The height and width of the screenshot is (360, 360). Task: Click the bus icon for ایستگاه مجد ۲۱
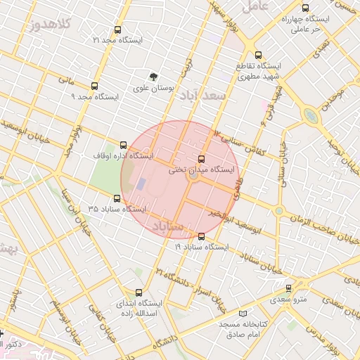[117, 30]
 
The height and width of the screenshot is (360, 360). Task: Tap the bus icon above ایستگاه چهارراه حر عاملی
[304, 8]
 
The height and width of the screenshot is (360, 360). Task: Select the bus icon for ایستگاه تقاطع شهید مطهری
[258, 55]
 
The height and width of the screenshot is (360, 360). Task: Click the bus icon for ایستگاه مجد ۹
[94, 86]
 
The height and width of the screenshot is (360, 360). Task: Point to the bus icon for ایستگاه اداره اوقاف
[124, 145]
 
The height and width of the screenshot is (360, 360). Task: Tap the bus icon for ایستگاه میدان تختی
[202, 159]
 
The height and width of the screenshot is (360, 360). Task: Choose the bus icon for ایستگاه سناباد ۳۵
[117, 198]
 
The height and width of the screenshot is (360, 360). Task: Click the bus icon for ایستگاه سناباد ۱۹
[202, 236]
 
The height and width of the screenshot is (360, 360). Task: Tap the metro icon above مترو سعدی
[288, 288]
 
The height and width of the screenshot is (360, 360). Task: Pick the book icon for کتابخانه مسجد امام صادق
[243, 312]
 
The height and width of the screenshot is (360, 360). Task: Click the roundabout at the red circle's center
[192, 177]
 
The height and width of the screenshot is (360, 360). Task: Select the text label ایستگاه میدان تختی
[203, 170]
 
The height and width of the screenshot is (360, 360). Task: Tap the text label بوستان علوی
[155, 89]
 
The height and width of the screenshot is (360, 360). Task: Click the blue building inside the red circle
[141, 184]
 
